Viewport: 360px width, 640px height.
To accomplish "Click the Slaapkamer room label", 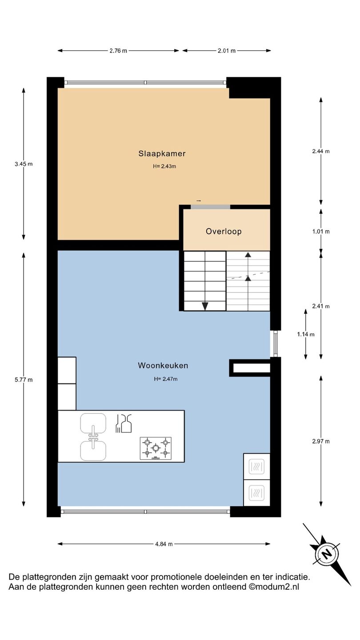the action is tap(162, 154).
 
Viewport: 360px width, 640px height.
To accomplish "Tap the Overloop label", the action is tap(224, 232).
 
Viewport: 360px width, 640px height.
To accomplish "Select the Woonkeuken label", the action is tap(163, 365).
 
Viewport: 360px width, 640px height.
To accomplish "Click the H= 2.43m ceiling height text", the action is tap(164, 166).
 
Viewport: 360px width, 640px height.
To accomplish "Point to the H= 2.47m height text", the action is tap(166, 379).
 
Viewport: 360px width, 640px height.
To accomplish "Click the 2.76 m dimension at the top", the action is tap(118, 51).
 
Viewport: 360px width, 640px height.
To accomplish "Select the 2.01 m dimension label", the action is tap(227, 51).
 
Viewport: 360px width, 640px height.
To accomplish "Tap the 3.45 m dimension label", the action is tap(24, 164).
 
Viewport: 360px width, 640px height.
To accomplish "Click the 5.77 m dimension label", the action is tap(24, 380).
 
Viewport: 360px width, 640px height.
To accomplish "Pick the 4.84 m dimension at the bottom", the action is tap(164, 544).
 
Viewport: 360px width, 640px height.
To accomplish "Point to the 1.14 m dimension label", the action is tap(306, 334).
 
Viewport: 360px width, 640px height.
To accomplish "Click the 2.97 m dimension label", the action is tap(321, 441).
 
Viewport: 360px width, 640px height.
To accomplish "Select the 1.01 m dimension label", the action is tap(321, 232).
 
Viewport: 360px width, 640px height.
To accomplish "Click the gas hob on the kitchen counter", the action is tap(156, 448).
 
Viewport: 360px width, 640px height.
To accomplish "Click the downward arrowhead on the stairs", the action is tap(205, 306).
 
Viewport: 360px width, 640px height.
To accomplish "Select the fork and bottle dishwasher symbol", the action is tap(124, 423).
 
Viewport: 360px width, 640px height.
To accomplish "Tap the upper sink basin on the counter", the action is tap(93, 423).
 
